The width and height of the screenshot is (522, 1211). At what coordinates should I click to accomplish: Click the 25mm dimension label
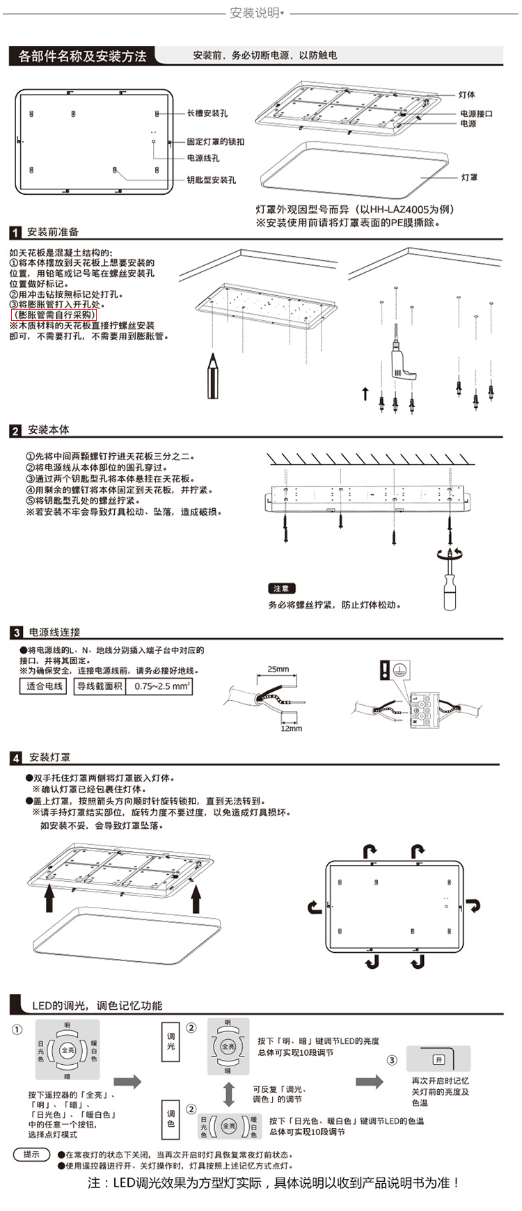(278, 669)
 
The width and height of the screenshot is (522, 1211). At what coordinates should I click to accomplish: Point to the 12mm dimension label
(291, 728)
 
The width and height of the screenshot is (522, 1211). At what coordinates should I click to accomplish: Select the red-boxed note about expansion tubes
(54, 315)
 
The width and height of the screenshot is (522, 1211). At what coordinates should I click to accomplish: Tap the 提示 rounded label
(31, 1154)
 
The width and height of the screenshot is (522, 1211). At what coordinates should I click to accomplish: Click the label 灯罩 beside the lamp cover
(469, 177)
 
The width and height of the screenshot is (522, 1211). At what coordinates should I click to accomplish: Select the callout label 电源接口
(476, 113)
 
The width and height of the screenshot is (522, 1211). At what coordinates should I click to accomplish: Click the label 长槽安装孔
(207, 113)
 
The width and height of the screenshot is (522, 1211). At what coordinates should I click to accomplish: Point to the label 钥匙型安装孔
(211, 180)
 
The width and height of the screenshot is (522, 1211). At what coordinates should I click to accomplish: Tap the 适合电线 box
(45, 686)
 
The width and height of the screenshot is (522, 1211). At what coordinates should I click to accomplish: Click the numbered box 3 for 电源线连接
(16, 633)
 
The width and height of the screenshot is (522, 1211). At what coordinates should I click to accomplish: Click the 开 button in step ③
(438, 1059)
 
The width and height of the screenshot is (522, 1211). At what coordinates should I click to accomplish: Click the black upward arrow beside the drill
(365, 394)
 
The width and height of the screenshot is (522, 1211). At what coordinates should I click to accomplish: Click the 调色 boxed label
(171, 1118)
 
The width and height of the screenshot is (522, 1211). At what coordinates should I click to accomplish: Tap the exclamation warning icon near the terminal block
(386, 669)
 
